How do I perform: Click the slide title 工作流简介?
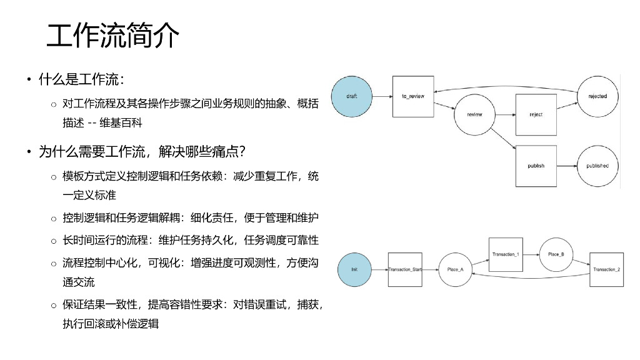[x=113, y=36]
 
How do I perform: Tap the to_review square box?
[x=412, y=96]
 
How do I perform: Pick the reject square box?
[x=536, y=115]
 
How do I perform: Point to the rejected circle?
[x=597, y=96]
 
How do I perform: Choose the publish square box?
[x=536, y=166]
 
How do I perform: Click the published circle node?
[x=597, y=166]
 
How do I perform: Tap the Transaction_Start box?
[x=405, y=269]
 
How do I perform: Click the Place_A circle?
[x=455, y=269]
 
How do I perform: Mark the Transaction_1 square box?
[x=506, y=254]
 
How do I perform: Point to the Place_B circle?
[x=556, y=254]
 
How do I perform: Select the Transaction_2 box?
[x=606, y=269]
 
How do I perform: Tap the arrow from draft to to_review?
[x=382, y=96]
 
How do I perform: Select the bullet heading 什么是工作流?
[x=81, y=79]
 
